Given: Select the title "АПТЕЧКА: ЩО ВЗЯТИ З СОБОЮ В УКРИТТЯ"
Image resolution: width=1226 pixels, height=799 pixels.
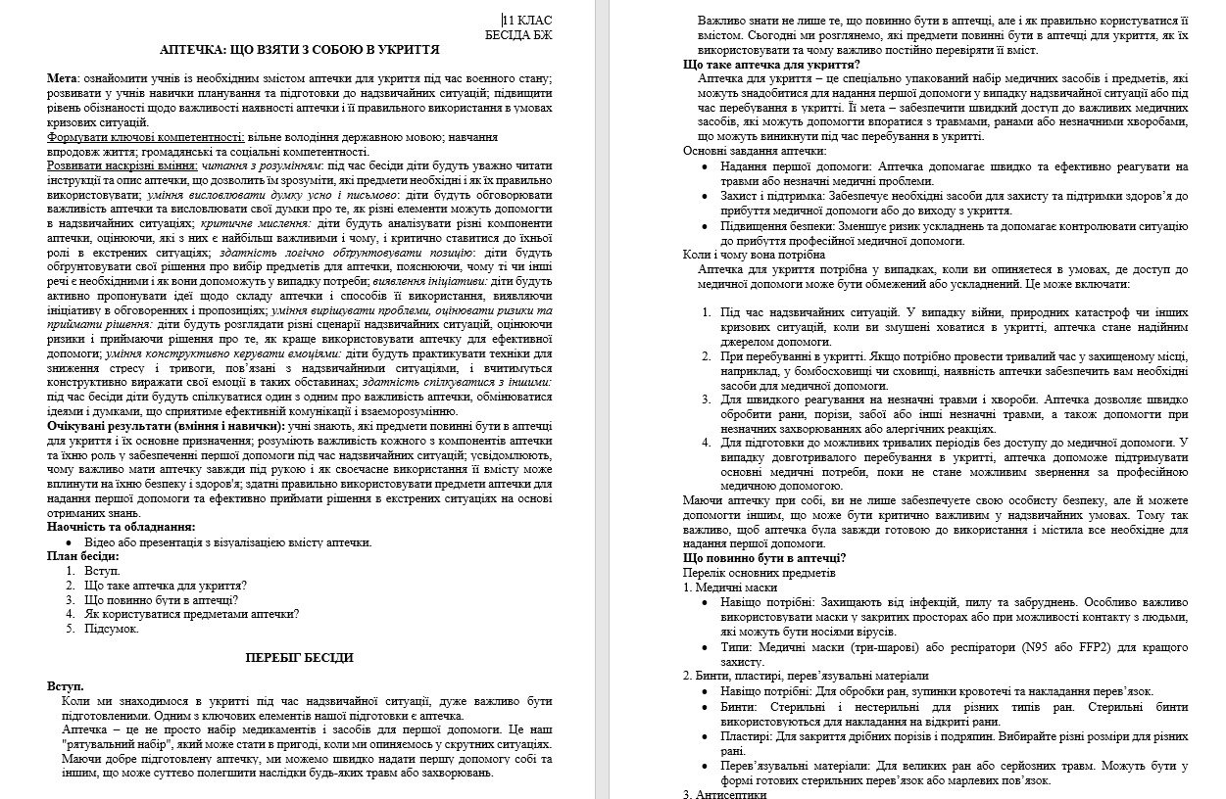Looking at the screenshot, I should tap(300, 49).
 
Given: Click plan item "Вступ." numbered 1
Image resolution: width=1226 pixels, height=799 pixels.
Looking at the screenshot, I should tap(102, 570).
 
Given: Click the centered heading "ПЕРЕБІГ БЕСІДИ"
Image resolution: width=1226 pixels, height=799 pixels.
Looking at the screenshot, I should tap(299, 658).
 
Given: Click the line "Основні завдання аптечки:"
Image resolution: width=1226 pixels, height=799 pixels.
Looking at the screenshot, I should tap(755, 151).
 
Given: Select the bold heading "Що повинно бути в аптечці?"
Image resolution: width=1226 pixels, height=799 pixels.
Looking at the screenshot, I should tap(764, 558).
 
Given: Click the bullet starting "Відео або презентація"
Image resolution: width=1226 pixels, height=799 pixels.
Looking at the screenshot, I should tap(227, 541).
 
